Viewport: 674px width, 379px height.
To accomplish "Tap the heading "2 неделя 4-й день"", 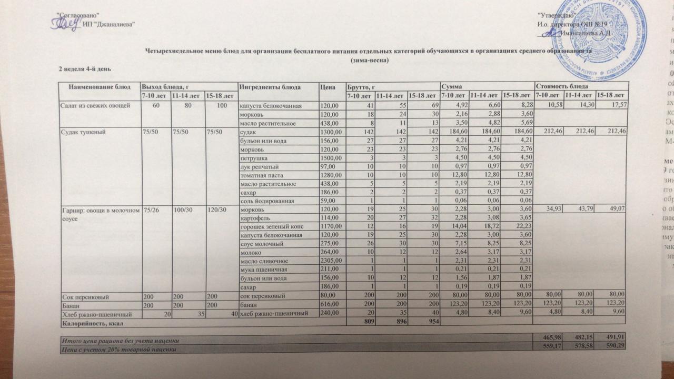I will pyautogui.click(x=84, y=69).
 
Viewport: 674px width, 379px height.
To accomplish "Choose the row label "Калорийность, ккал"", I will pyautogui.click(x=90, y=322).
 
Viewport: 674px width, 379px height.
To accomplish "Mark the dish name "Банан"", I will pyautogui.click(x=71, y=305).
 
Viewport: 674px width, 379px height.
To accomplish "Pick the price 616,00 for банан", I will pyautogui.click(x=331, y=305).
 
